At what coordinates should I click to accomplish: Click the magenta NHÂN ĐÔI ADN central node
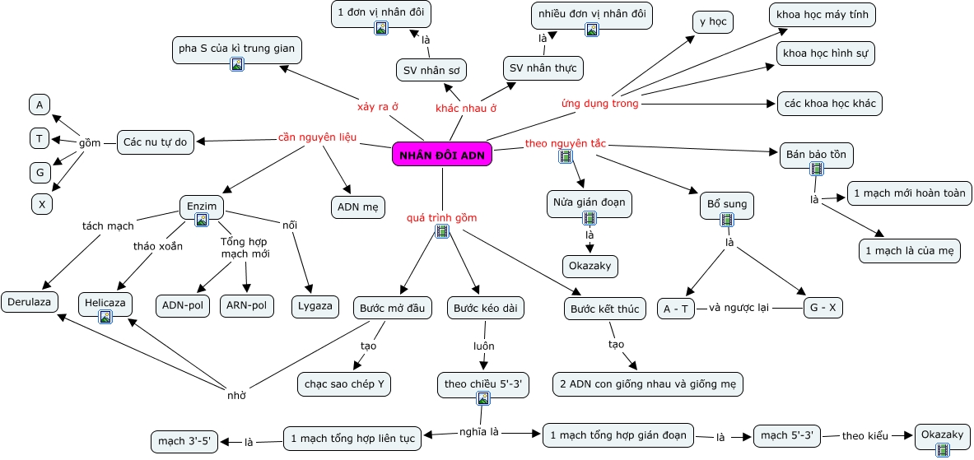tap(441, 155)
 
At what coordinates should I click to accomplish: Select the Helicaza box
tap(105, 304)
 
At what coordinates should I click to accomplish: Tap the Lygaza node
tap(315, 305)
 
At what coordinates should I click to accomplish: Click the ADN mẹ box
tap(358, 207)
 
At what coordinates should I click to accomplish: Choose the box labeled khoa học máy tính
tap(823, 15)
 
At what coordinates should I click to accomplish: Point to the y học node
tap(712, 22)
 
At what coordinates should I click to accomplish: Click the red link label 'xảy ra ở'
tap(378, 106)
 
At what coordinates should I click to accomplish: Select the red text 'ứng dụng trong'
tap(600, 103)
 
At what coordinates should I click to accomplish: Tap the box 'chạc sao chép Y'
tap(344, 384)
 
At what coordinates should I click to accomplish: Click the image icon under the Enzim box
tap(201, 219)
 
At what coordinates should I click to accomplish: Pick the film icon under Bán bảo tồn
tap(816, 168)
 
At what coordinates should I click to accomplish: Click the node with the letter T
tap(40, 138)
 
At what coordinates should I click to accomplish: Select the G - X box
tap(823, 308)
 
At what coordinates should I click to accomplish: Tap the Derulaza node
tap(30, 302)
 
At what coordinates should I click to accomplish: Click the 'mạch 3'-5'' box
tap(184, 442)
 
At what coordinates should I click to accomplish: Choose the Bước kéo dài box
tap(486, 308)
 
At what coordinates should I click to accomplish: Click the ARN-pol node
tap(247, 305)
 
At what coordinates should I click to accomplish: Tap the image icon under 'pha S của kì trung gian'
tap(236, 64)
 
